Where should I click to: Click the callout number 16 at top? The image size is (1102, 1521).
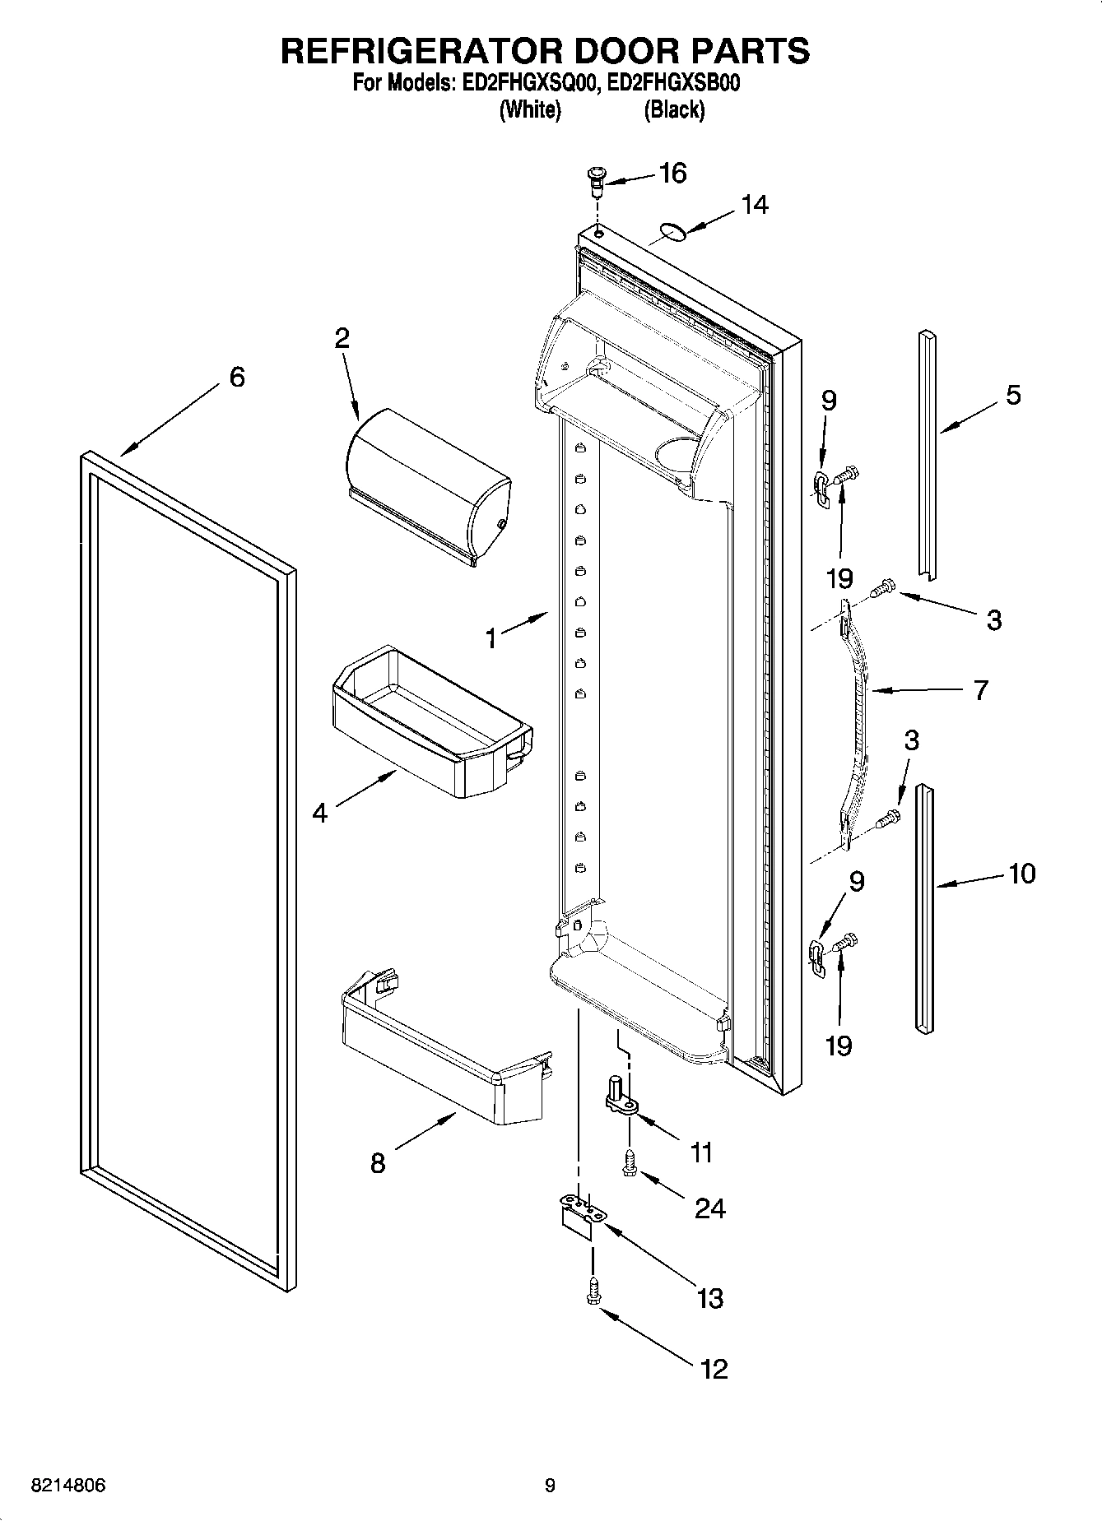pyautogui.click(x=672, y=174)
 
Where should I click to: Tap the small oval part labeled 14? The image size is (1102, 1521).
pyautogui.click(x=673, y=234)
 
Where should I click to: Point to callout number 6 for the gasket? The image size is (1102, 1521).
pyautogui.click(x=236, y=378)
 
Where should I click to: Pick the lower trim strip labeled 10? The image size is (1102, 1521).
pyautogui.click(x=926, y=905)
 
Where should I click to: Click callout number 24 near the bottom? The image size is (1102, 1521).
pyautogui.click(x=709, y=1208)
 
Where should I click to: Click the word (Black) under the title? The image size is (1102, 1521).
pyautogui.click(x=674, y=109)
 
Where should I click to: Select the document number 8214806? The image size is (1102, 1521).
pyautogui.click(x=67, y=1486)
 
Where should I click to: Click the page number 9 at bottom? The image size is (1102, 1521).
pyautogui.click(x=550, y=1486)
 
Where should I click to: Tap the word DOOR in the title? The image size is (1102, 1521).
pyautogui.click(x=626, y=50)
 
